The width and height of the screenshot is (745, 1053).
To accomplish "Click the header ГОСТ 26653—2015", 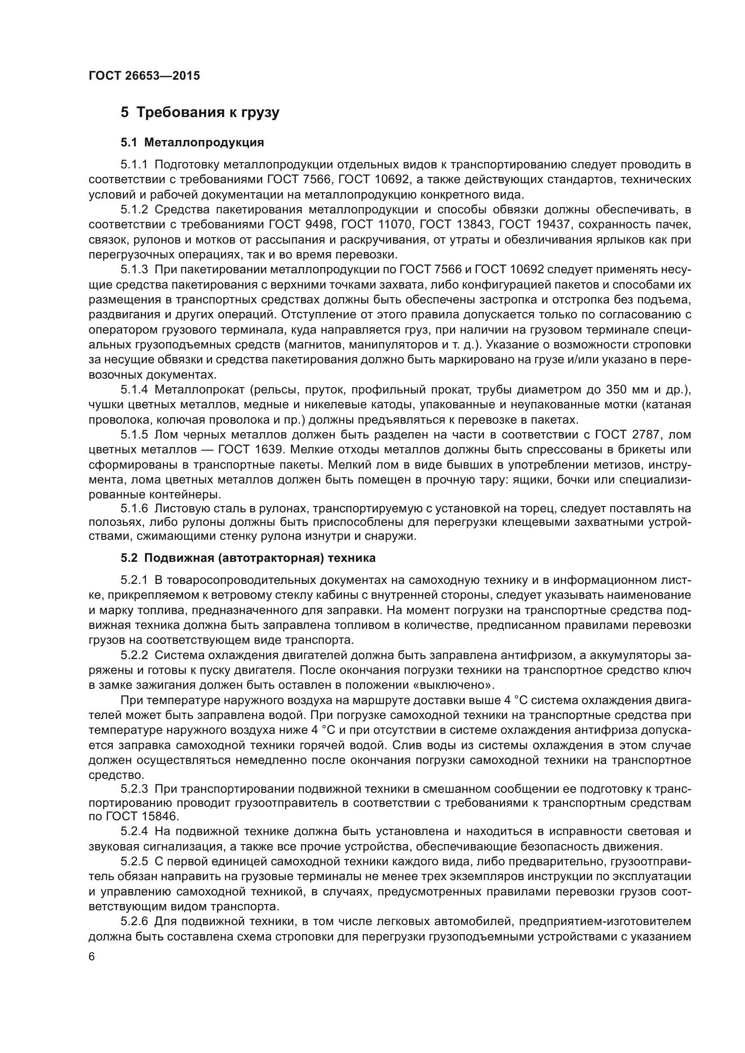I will pyautogui.click(x=144, y=76).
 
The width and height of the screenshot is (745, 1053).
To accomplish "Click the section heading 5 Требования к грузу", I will pyautogui.click(x=200, y=113).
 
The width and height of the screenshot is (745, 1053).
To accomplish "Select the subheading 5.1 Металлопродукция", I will pyautogui.click(x=192, y=143).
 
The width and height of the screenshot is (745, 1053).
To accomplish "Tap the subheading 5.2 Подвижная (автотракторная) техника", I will pyautogui.click(x=248, y=558).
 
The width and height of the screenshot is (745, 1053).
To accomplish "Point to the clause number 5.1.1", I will pyautogui.click(x=134, y=165).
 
